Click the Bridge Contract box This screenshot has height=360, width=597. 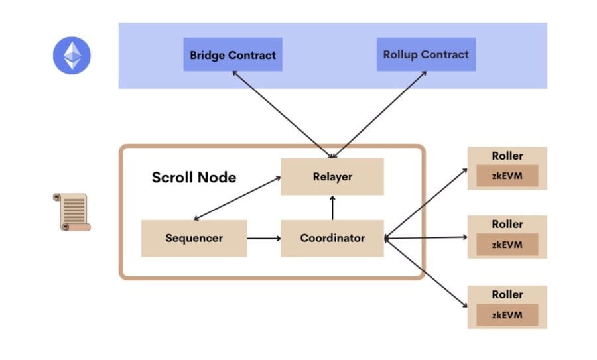coord(233,55)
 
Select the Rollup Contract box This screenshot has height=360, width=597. coord(425,55)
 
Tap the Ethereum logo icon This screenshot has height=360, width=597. coord(72,56)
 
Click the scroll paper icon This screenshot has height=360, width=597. coord(71,212)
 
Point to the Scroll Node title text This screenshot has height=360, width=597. coord(194,177)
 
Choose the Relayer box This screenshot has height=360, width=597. coord(332,176)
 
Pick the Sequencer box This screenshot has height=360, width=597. coord(194,238)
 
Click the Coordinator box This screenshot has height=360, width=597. coord(332,238)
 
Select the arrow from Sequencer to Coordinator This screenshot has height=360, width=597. coord(264,238)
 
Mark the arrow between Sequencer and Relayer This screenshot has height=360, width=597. coord(235,198)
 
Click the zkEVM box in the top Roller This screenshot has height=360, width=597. coord(507,176)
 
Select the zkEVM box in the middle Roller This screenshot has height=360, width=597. coord(507,245)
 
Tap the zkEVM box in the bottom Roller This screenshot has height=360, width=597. coord(507,314)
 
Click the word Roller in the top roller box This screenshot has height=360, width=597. coord(507,156)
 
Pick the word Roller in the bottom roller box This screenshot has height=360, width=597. coord(507,294)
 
